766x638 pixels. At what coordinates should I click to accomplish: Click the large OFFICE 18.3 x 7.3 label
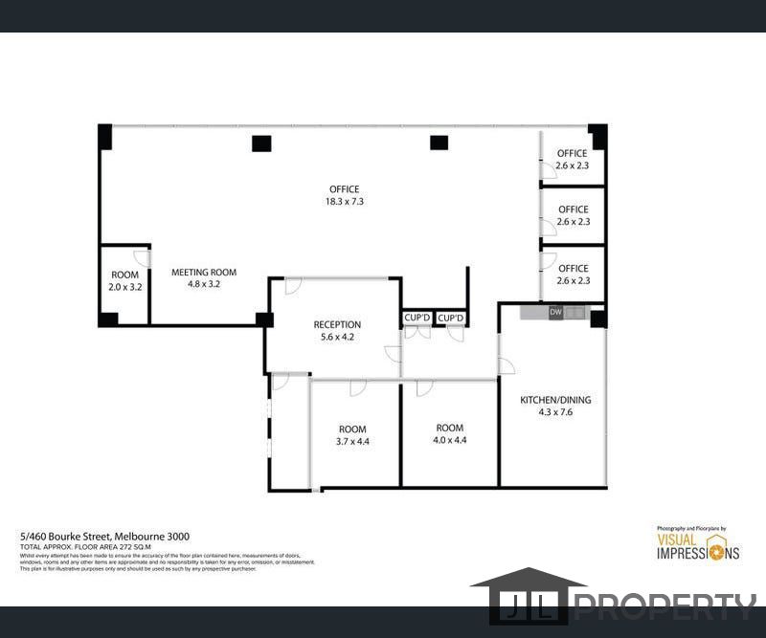[345, 195]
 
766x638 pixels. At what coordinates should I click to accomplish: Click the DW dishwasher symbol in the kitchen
[555, 312]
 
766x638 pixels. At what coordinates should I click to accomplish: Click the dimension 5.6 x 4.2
[337, 337]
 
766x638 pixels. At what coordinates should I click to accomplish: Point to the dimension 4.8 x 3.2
[204, 284]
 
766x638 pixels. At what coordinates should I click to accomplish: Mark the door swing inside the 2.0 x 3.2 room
[141, 257]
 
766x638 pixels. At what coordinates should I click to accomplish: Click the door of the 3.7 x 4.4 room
[357, 387]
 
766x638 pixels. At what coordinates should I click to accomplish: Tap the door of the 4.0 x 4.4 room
[423, 387]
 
